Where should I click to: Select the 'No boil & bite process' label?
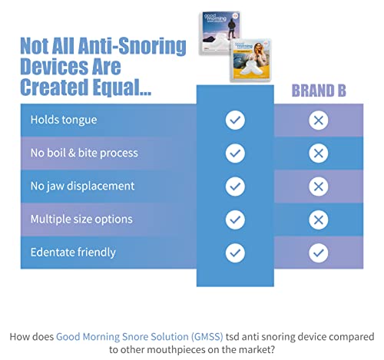pyautogui.click(x=84, y=153)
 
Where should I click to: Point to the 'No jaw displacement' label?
pyautogui.click(x=82, y=186)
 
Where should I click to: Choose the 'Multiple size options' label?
pyautogui.click(x=81, y=219)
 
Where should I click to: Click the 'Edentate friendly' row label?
pyautogui.click(x=72, y=252)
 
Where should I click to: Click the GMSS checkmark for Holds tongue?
pyautogui.click(x=235, y=120)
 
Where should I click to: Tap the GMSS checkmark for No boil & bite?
pyautogui.click(x=235, y=153)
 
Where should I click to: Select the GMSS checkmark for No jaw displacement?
pyautogui.click(x=235, y=186)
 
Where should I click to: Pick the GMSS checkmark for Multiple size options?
pyautogui.click(x=235, y=219)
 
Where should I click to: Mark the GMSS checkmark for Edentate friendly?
pyautogui.click(x=235, y=252)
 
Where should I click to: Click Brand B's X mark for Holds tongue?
pyautogui.click(x=318, y=120)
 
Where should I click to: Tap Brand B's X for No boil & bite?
pyautogui.click(x=318, y=153)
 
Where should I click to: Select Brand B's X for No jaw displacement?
pyautogui.click(x=318, y=186)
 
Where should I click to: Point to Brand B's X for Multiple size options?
pyautogui.click(x=318, y=219)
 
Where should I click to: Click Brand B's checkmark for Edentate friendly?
pyautogui.click(x=318, y=252)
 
